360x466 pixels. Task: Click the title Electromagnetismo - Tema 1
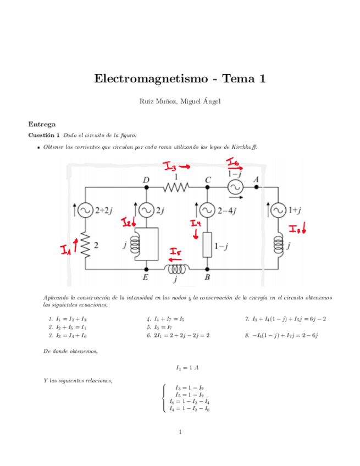click(x=180, y=79)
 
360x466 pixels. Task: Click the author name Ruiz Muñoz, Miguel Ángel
click(x=180, y=102)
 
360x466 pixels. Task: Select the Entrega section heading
click(x=41, y=124)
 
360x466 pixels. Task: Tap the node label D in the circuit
click(x=146, y=180)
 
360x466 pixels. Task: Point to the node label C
click(x=208, y=180)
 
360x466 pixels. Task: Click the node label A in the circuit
click(x=256, y=179)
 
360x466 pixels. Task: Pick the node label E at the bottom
click(x=146, y=278)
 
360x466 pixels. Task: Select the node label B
click(x=208, y=278)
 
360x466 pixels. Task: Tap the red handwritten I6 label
click(x=233, y=163)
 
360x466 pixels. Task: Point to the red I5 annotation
click(x=176, y=253)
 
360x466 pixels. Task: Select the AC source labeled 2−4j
click(x=207, y=210)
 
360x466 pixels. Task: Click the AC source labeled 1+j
click(x=278, y=210)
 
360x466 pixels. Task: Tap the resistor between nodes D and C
click(x=176, y=188)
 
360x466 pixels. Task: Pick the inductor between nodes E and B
click(x=176, y=269)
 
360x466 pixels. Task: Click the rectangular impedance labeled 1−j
click(x=207, y=245)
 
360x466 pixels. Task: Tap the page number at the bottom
click(x=180, y=432)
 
